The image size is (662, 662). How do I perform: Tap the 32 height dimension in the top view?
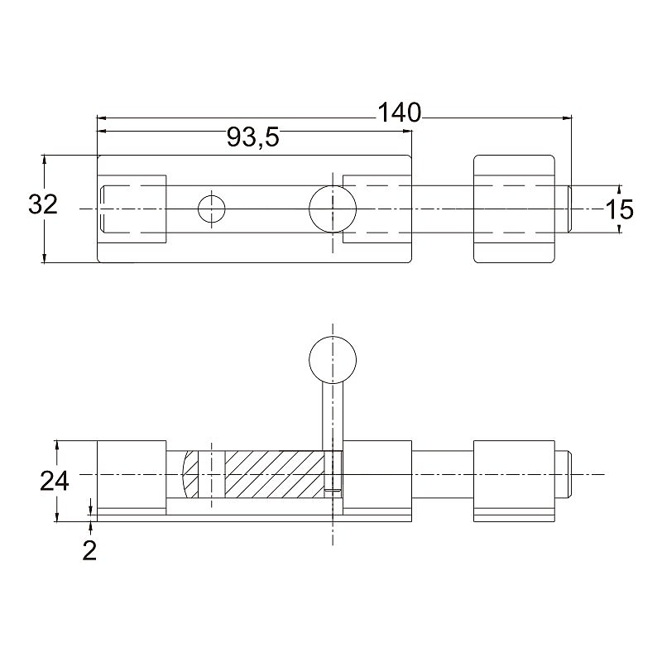pyautogui.click(x=43, y=204)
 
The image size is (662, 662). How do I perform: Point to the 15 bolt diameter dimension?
pyautogui.click(x=619, y=209)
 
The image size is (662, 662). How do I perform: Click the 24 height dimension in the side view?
pyautogui.click(x=55, y=481)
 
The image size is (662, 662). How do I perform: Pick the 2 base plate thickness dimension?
pyautogui.click(x=89, y=550)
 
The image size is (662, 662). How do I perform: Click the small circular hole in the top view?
pyautogui.click(x=212, y=209)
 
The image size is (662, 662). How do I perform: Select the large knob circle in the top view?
pyautogui.click(x=333, y=209)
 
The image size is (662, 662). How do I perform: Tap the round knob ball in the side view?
pyautogui.click(x=333, y=358)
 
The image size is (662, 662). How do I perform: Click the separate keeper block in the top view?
pyautogui.click(x=512, y=209)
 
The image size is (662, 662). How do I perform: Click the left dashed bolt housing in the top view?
pyautogui.click(x=132, y=209)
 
